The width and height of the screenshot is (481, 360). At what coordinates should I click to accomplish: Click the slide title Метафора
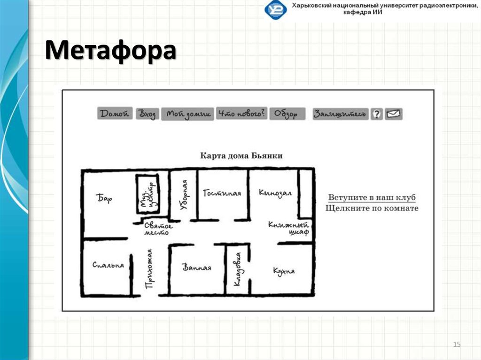tap(111, 51)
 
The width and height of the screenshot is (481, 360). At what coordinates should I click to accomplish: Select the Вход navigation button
tap(147, 114)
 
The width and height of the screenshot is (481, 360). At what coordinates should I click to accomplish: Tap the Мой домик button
tap(187, 114)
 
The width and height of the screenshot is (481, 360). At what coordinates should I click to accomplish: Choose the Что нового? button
tap(241, 114)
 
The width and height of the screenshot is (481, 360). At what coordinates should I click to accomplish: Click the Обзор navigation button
tap(287, 114)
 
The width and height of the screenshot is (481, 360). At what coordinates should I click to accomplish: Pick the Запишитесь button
tap(341, 114)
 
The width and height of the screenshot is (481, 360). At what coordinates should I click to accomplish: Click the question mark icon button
tap(376, 114)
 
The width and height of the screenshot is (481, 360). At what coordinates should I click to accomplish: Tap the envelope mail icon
tap(394, 114)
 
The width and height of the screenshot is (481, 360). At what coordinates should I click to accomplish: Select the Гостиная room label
tap(222, 193)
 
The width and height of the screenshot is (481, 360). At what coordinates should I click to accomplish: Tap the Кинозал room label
tap(275, 193)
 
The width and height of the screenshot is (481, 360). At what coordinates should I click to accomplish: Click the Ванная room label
tap(197, 268)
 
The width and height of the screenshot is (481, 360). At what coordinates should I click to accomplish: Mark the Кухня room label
tap(284, 271)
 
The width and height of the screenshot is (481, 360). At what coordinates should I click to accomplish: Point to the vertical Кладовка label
tap(238, 270)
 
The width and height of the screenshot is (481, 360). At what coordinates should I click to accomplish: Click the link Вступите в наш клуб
tap(372, 198)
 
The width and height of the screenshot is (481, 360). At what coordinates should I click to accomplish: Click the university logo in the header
tap(275, 10)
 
